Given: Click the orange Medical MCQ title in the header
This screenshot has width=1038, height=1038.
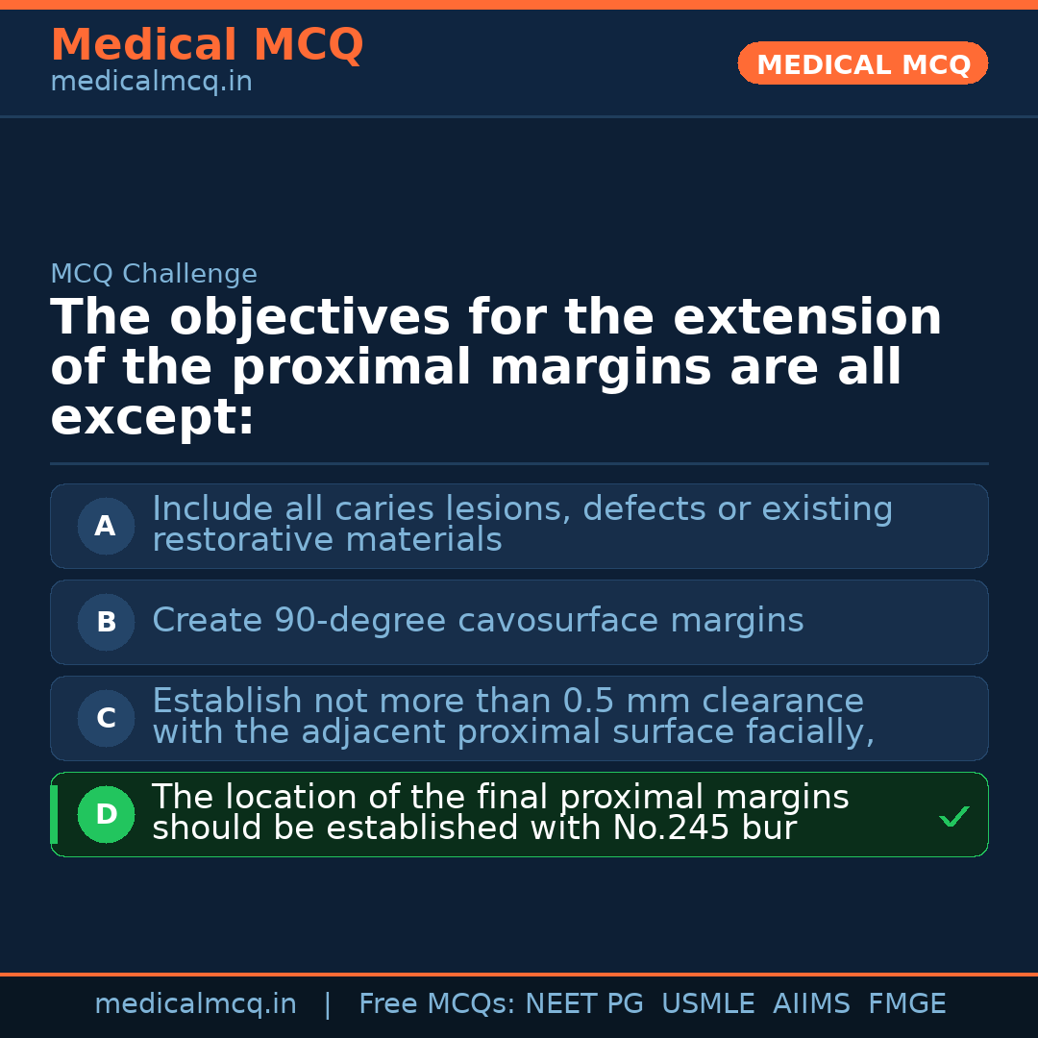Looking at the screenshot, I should (207, 45).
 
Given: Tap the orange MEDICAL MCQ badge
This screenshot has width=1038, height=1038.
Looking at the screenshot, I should (863, 64).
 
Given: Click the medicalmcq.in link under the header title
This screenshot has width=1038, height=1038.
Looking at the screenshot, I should (151, 82).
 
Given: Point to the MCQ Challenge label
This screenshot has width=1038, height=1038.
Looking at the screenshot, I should (154, 274).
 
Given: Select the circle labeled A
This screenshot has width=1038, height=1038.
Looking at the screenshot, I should (106, 527).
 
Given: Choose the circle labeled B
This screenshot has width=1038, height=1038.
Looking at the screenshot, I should (106, 623).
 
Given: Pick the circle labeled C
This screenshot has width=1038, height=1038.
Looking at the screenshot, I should (106, 719).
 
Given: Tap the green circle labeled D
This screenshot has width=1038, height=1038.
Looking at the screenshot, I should (106, 815).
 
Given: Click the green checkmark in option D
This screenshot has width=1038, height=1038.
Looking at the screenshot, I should (953, 817).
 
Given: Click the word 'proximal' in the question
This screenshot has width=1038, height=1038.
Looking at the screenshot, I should (351, 368).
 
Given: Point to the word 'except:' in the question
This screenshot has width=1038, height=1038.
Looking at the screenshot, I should (152, 418).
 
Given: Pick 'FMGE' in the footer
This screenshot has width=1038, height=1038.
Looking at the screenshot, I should (907, 1004).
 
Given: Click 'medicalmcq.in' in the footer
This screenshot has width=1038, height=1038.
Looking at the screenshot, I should (195, 1004).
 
